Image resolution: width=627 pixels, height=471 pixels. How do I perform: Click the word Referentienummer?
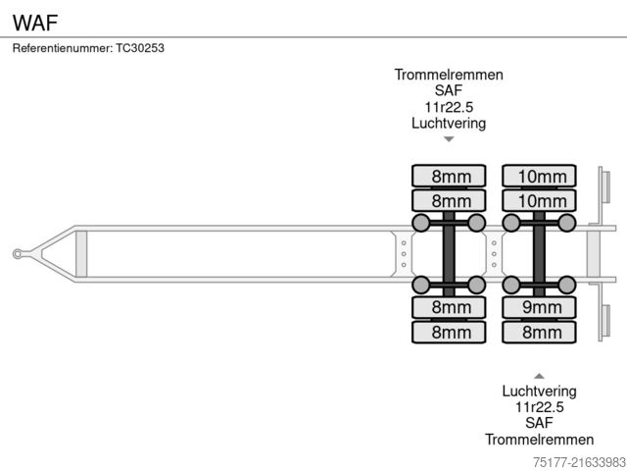point(62,47)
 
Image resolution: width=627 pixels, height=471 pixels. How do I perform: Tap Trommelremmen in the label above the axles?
point(449,75)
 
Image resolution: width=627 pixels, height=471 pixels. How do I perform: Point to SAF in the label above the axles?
point(449,91)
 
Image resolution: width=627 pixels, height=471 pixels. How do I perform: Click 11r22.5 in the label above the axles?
point(449,107)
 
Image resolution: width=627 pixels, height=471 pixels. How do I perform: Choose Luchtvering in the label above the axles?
point(449,124)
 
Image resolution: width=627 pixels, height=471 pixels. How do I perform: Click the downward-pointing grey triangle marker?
point(449,139)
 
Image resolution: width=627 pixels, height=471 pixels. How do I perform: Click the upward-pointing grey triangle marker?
point(538,375)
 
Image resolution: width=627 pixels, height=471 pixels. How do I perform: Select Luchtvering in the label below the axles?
point(538,391)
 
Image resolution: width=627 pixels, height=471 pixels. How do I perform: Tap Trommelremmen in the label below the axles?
point(538,440)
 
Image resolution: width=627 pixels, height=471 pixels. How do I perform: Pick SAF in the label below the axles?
point(538,423)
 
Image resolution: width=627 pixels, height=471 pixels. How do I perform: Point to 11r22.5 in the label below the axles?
point(538,406)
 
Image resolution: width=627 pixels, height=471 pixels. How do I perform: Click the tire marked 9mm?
point(538,308)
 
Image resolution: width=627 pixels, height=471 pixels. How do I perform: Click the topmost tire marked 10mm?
point(538,177)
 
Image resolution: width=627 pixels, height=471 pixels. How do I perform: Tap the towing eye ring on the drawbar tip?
point(18,254)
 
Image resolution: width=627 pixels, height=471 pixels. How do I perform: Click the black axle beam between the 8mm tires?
point(449,254)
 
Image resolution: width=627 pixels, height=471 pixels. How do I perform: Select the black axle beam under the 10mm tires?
point(538,254)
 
